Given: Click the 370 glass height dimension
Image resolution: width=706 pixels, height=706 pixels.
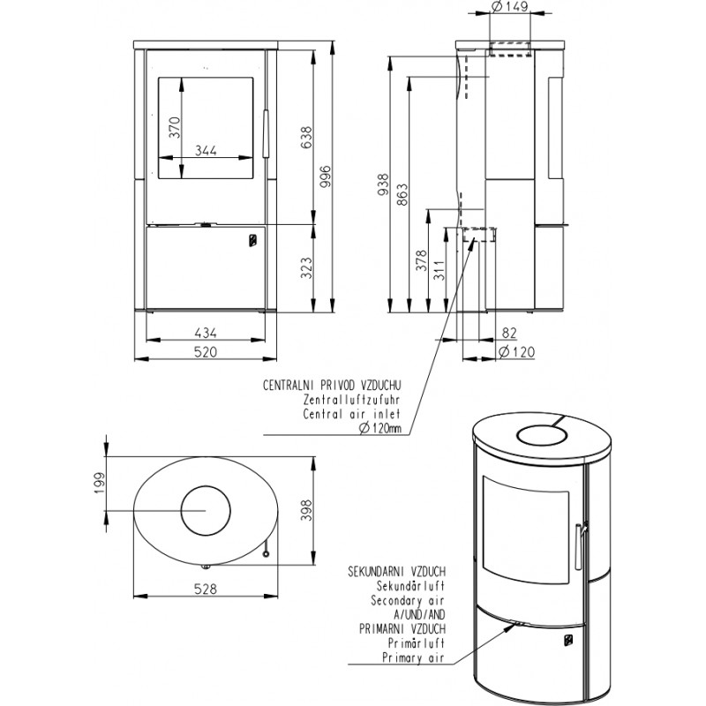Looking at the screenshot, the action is tap(175, 127).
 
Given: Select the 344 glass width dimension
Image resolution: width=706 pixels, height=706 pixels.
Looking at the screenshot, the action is tap(206, 150).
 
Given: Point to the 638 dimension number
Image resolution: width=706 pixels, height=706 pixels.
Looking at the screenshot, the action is tap(305, 138).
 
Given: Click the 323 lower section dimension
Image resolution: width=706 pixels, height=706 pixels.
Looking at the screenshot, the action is tap(305, 268).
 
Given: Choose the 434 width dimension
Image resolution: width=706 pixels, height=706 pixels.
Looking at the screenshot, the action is tap(206, 333).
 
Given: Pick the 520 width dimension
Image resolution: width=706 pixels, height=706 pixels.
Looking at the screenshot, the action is tap(206, 351).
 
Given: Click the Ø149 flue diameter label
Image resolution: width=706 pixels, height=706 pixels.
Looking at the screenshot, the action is tap(510, 7).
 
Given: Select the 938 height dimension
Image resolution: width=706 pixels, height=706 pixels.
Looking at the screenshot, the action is tap(382, 184).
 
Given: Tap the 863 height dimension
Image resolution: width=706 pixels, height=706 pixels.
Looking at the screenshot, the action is tap(402, 194).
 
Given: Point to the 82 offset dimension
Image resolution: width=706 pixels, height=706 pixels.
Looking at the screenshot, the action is tap(509, 333).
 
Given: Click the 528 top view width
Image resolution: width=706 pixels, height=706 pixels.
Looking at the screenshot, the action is tap(206, 589).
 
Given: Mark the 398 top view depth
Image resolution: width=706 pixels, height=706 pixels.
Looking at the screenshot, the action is tap(306, 510).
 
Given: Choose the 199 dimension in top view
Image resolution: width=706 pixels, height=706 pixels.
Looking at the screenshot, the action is tap(99, 483).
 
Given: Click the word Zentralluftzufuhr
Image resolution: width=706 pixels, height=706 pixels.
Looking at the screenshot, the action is tap(351, 400).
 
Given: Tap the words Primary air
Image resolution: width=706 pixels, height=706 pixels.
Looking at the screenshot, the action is tap(413, 657).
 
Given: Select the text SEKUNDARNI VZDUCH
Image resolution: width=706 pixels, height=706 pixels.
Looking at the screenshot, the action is tap(396, 572).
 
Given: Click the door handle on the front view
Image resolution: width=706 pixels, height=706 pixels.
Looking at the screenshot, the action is tap(266, 134).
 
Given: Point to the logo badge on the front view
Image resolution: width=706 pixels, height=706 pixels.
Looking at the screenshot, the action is tap(253, 240).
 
